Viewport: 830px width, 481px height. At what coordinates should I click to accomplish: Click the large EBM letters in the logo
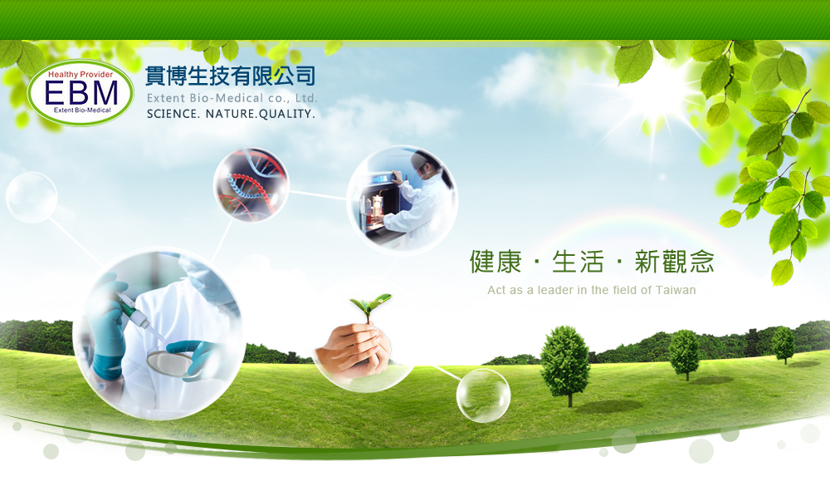point(81,93)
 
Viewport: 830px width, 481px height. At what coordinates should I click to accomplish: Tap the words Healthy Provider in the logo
point(81,74)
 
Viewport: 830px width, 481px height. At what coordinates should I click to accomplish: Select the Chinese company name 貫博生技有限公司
point(230,76)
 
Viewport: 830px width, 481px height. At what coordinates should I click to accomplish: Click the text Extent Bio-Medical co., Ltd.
point(232,98)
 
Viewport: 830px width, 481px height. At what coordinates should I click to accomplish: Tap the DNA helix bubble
point(251,184)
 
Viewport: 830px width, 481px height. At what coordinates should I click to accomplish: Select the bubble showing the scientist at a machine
point(403,200)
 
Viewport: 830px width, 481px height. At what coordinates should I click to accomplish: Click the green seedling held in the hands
point(371,307)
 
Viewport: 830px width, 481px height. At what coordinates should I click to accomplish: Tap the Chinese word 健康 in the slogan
point(496,262)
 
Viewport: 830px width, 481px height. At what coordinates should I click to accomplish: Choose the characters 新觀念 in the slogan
point(674,262)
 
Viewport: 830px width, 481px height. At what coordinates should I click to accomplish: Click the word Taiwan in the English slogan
point(676,290)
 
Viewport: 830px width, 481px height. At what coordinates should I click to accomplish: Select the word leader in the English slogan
point(555,290)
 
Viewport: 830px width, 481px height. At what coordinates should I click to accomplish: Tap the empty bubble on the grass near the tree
point(483,395)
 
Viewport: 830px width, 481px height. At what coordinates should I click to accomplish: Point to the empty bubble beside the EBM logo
point(32,197)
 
